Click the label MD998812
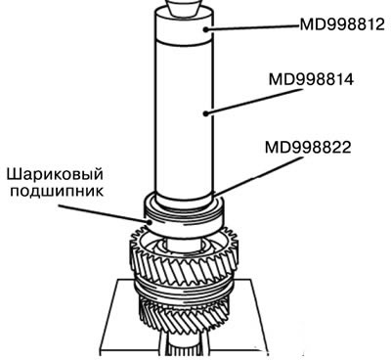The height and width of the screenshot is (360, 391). pos(342,24)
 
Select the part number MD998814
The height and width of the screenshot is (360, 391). pos(311,79)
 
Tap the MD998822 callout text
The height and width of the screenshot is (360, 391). pos(308,148)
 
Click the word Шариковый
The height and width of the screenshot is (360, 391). pos(55,174)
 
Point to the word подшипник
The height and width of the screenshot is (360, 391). pos(57,191)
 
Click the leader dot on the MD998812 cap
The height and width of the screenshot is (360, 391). pos(205,29)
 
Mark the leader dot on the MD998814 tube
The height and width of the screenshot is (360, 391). pos(205,113)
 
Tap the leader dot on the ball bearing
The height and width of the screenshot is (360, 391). pos(150,222)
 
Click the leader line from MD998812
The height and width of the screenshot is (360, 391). pos(252,27)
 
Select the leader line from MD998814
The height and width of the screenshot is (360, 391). pos(252,101)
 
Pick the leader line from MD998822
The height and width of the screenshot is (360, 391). pos(258,176)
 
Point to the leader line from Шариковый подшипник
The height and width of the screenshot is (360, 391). pos(105,213)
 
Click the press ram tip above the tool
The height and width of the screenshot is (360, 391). pos(184,7)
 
